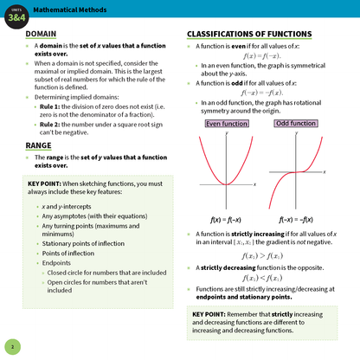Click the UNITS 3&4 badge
(16, 11)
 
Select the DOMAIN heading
(42, 35)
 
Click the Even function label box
(227, 125)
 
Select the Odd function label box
(296, 125)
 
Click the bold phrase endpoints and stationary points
(243, 296)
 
